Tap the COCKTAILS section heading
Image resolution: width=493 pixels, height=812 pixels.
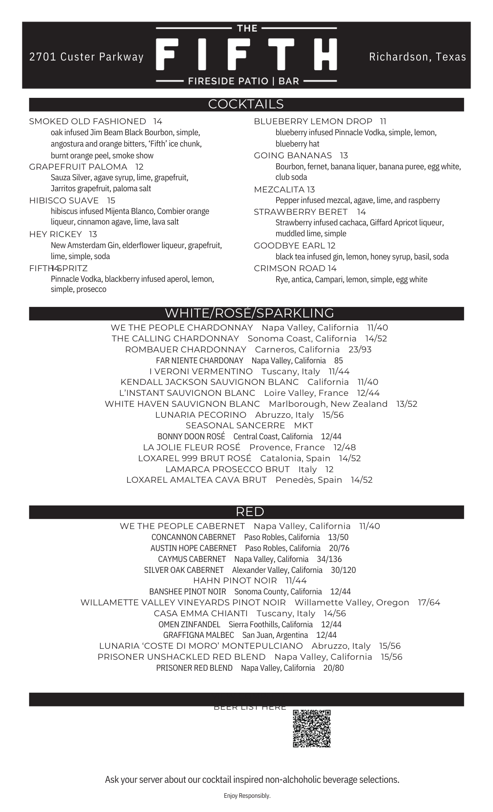(x=246, y=104)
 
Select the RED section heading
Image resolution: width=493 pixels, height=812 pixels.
(x=250, y=512)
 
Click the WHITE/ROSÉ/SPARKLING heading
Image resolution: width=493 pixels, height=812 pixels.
(x=249, y=313)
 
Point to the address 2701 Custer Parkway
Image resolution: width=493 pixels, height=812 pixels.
(x=86, y=57)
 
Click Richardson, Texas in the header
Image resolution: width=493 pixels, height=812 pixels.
(x=417, y=57)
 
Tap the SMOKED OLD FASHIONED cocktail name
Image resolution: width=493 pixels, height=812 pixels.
(x=87, y=121)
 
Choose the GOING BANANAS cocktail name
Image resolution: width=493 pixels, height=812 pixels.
(x=293, y=155)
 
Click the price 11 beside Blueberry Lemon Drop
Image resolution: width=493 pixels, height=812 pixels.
(x=383, y=121)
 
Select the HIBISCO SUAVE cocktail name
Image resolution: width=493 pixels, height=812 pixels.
(x=64, y=201)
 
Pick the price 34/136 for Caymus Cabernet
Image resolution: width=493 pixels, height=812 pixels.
(x=329, y=559)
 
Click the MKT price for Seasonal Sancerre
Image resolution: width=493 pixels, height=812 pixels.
(x=303, y=425)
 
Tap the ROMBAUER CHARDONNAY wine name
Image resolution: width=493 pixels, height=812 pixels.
(x=186, y=350)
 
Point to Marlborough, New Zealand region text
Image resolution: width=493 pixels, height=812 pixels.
(x=328, y=404)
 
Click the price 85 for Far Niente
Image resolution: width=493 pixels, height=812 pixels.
(x=338, y=361)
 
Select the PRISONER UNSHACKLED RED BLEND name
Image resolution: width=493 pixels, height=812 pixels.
(x=182, y=657)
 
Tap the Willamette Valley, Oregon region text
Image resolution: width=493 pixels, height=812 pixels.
(x=352, y=603)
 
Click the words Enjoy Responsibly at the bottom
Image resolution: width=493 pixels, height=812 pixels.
(x=247, y=796)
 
